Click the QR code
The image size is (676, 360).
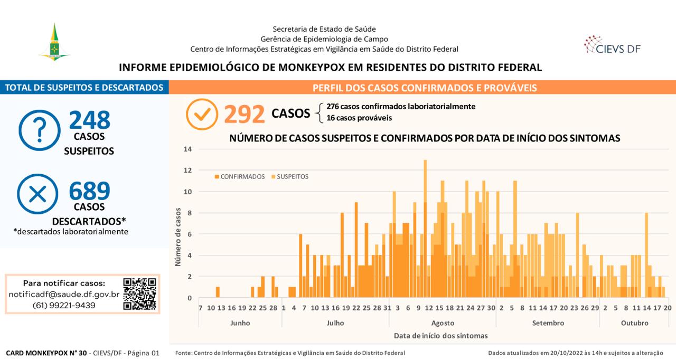pyautogui.click(x=140, y=294)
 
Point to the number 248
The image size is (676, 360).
pyautogui.click(x=90, y=120)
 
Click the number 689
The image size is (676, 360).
pyautogui.click(x=90, y=191)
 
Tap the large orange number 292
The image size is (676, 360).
pyautogui.click(x=245, y=114)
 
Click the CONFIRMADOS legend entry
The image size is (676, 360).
pyautogui.click(x=240, y=177)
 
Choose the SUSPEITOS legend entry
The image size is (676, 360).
pyautogui.click(x=290, y=177)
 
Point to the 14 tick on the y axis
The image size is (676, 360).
pyautogui.click(x=187, y=149)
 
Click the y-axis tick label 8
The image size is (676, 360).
pyautogui.click(x=190, y=213)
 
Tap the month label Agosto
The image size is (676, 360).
pyautogui.click(x=443, y=323)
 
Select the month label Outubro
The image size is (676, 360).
pyautogui.click(x=634, y=323)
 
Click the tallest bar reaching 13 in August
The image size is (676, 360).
pyautogui.click(x=425, y=229)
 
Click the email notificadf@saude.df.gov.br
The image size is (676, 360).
pyautogui.click(x=64, y=294)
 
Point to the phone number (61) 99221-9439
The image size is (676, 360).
pyautogui.click(x=64, y=306)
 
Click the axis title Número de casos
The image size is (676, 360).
pyautogui.click(x=178, y=237)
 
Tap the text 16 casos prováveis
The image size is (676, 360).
pyautogui.click(x=359, y=118)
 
